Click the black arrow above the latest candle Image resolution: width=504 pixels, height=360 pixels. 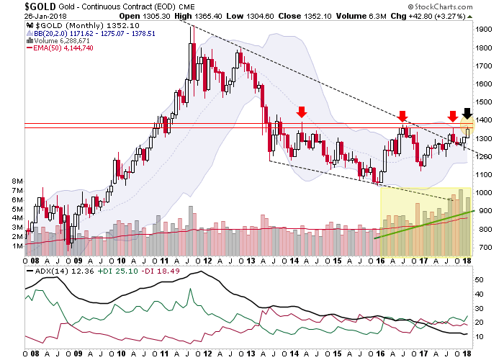point(467,114)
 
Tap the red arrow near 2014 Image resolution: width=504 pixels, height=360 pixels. point(302,112)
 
